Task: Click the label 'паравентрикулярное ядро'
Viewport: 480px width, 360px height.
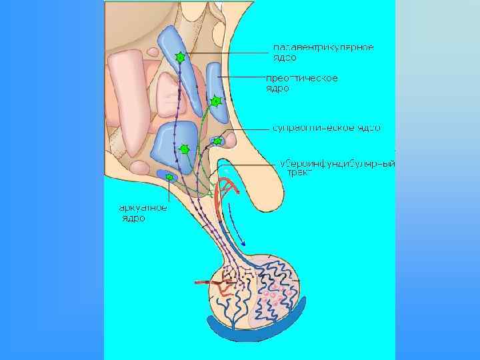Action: [x=323, y=52]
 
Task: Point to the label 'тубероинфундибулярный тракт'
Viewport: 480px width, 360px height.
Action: [x=337, y=167]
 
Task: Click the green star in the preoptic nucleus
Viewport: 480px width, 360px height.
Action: [x=215, y=101]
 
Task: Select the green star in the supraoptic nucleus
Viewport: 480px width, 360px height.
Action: [x=217, y=141]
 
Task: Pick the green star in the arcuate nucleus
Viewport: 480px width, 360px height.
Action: [x=169, y=177]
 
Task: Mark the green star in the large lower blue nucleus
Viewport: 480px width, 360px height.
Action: [x=185, y=149]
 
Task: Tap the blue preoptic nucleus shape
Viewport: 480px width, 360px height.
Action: [x=214, y=87]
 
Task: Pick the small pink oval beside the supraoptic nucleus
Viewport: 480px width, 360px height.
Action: [x=229, y=140]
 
